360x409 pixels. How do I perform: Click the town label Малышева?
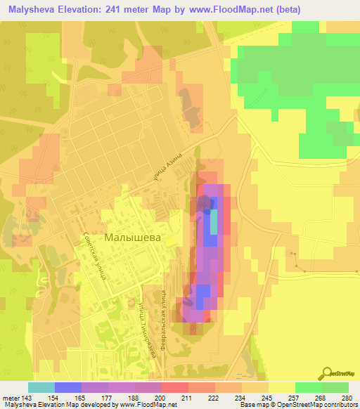[x=132, y=238]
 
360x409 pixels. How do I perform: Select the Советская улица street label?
[x=94, y=257]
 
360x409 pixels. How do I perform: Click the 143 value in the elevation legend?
[x=26, y=398]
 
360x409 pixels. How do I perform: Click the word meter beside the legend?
[x=8, y=398]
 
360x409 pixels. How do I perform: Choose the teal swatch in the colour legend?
[x=41, y=387]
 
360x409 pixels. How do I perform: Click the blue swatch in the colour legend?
[x=67, y=387]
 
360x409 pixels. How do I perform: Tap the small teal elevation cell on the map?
[x=214, y=223]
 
